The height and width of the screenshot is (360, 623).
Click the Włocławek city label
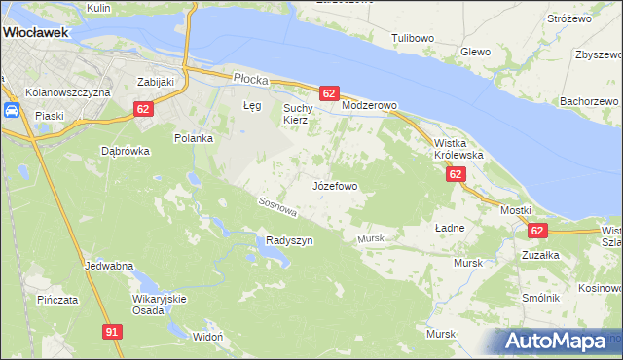point(36,32)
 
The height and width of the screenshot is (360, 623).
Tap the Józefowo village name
point(335,185)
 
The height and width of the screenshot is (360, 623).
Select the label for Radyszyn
point(289,241)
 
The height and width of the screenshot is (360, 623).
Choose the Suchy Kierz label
point(296,114)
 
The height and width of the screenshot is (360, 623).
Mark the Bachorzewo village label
point(589,101)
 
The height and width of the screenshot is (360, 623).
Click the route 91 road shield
point(113,333)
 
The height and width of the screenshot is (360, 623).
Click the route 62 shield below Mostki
point(537,231)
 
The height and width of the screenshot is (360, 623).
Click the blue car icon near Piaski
point(13,110)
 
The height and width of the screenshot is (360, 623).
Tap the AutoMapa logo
point(561,342)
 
